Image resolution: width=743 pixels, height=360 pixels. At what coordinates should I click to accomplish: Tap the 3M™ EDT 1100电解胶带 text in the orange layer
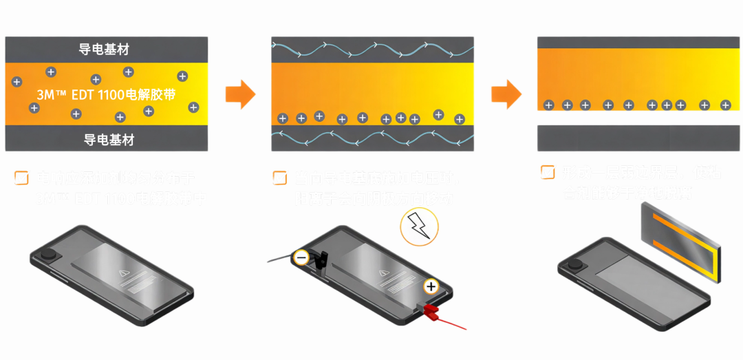pos(107,94)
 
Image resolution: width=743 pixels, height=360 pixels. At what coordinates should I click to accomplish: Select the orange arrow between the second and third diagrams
pos(506,94)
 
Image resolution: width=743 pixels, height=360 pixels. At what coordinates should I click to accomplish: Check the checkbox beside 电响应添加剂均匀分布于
pos(22,178)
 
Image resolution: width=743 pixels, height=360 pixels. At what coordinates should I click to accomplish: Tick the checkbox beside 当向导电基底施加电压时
pos(280,178)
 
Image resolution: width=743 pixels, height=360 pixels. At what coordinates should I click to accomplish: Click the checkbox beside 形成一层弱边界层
pos(548,172)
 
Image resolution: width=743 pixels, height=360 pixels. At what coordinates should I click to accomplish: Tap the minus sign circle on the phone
pos(301,258)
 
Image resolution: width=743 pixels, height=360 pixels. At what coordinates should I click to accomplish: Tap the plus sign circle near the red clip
pos(431,286)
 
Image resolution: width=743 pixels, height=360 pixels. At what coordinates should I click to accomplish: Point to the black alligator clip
pos(321,260)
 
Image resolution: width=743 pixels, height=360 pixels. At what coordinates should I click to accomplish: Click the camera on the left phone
pos(49,255)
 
